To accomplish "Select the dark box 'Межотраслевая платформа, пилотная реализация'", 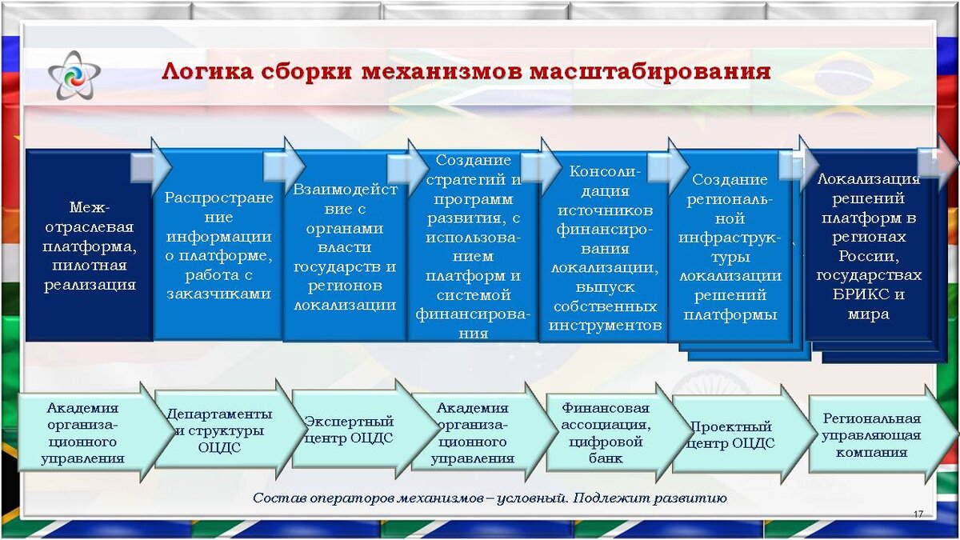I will click(x=89, y=245).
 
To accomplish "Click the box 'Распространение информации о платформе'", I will click(x=218, y=245).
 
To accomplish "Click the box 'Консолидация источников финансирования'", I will click(x=605, y=248).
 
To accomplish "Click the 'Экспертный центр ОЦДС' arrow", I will click(x=349, y=430).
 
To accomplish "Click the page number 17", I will click(x=918, y=514).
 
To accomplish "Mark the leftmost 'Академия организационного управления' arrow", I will click(x=85, y=433).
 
